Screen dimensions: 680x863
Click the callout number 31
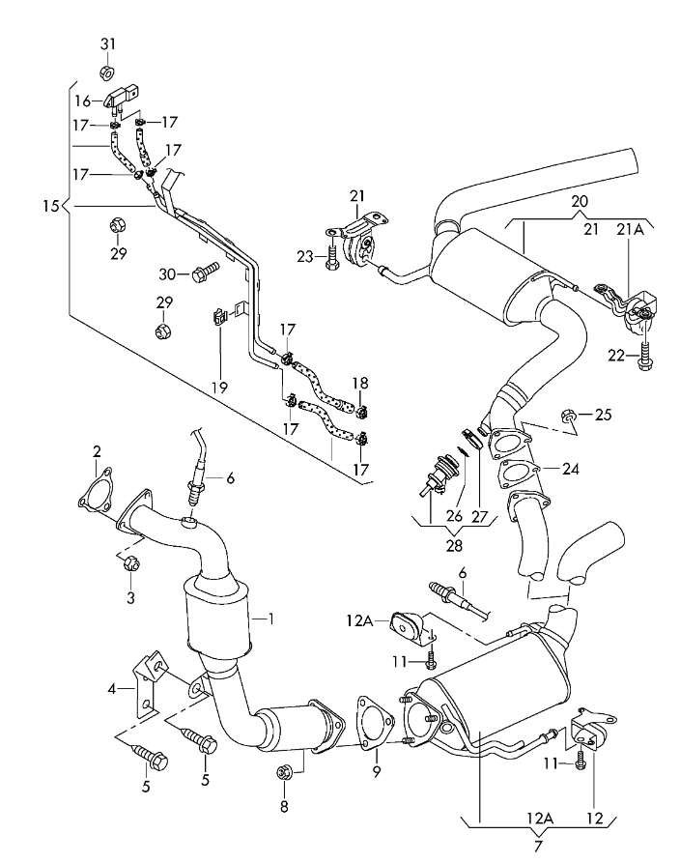click(x=108, y=43)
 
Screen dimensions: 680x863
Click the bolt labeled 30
click(x=205, y=273)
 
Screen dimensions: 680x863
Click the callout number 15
click(x=50, y=207)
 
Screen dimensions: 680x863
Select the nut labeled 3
click(x=131, y=563)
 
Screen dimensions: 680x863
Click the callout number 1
click(x=270, y=618)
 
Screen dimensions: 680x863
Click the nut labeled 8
click(x=284, y=772)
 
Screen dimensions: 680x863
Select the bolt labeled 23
click(x=331, y=257)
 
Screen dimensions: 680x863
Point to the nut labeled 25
click(x=568, y=415)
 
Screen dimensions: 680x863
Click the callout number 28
click(x=454, y=545)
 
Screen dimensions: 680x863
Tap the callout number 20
click(x=580, y=201)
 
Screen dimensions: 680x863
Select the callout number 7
click(x=538, y=846)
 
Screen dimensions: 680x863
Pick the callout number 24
click(x=571, y=469)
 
